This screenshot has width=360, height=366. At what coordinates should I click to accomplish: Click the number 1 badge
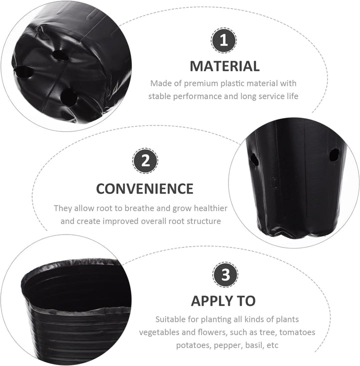(223, 40)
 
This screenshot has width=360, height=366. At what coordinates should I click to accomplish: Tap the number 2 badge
(145, 160)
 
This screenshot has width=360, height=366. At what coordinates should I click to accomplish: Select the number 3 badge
(225, 274)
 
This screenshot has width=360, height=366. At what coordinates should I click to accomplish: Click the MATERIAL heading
(224, 66)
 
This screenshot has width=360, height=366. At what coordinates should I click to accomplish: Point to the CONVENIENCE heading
(144, 188)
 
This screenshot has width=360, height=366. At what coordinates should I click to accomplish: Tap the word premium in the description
(201, 83)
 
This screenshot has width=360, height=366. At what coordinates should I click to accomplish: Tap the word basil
(253, 345)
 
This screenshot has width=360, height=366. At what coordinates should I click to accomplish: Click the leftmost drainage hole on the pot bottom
(23, 72)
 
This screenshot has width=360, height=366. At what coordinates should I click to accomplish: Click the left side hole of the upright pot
(254, 159)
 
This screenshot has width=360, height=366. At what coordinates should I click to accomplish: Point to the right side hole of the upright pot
(334, 155)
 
